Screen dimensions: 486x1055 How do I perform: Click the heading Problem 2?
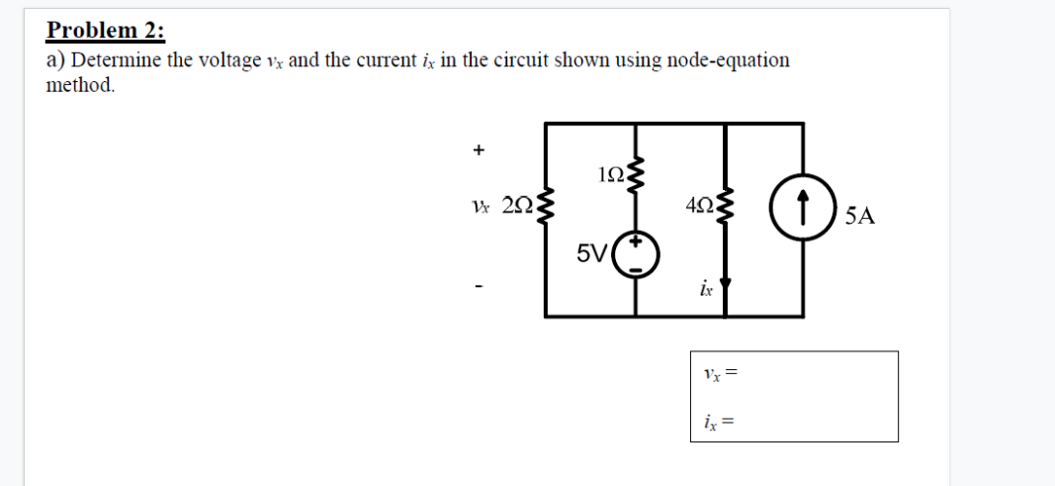click(106, 30)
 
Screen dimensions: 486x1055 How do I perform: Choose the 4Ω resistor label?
click(698, 206)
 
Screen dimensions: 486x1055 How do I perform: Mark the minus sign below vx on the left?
click(479, 287)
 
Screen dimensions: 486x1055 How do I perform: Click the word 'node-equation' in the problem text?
click(729, 60)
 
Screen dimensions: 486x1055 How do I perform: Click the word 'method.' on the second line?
click(81, 85)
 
